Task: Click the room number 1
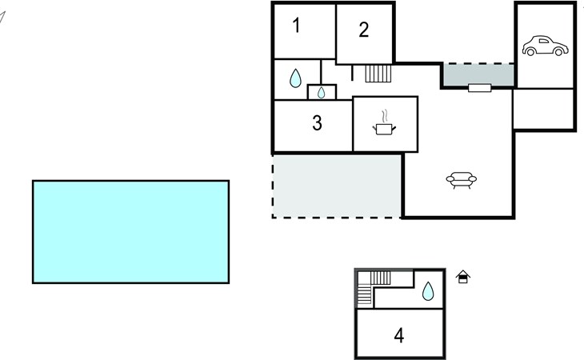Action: [x=296, y=26]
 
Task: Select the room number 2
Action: [x=364, y=30]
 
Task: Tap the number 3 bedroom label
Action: [x=317, y=123]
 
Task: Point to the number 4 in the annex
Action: [x=399, y=335]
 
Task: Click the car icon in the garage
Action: [x=545, y=46]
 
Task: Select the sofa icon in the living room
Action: [x=461, y=180]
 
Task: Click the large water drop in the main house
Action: [x=295, y=78]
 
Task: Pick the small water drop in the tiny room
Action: [x=321, y=92]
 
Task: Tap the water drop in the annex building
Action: [x=428, y=291]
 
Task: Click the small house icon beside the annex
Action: [x=463, y=277]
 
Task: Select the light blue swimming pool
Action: [x=130, y=232]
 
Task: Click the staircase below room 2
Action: [x=378, y=74]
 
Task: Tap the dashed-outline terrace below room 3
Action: [x=337, y=186]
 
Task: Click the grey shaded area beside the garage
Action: [x=479, y=74]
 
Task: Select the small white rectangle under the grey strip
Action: [x=479, y=88]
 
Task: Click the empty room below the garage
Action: [x=543, y=109]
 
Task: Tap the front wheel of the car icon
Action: [x=558, y=52]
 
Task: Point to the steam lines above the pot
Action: [x=385, y=116]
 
